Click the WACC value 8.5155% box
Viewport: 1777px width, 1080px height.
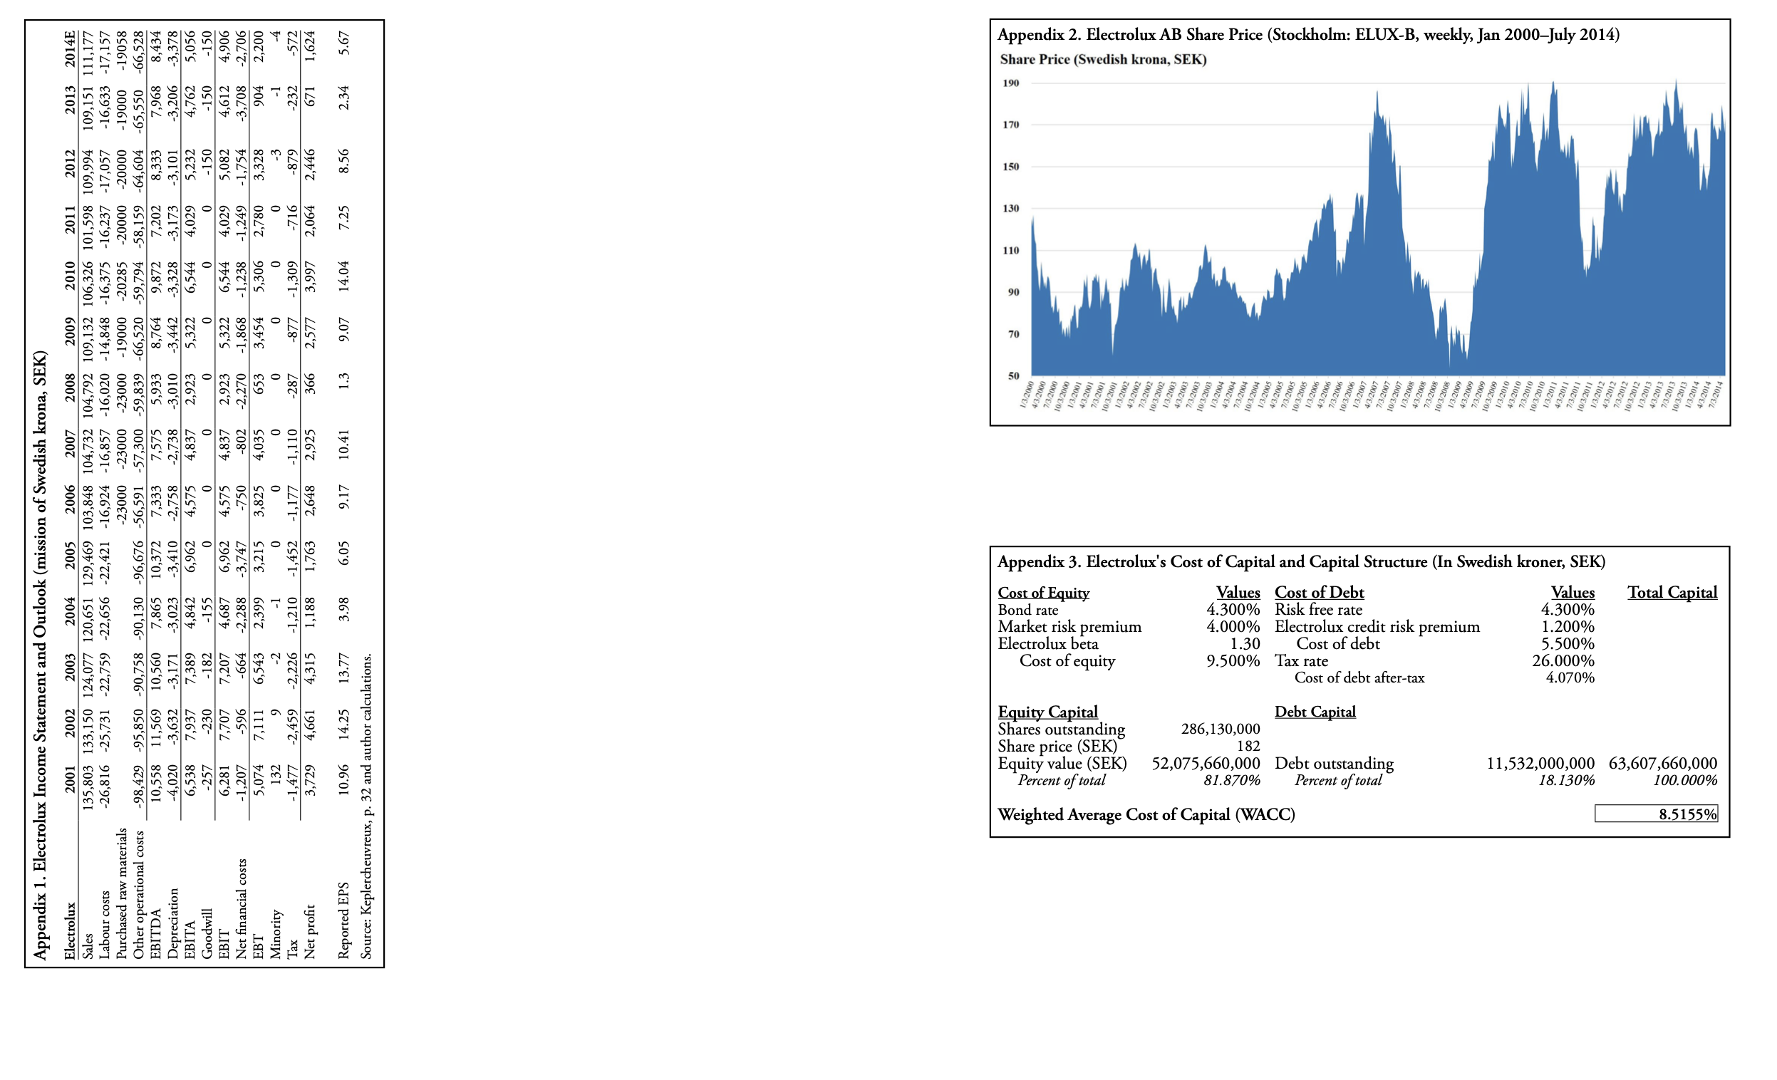coord(1656,814)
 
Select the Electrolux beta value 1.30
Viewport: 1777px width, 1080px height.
coord(1245,644)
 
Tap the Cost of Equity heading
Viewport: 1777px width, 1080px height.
coord(1043,593)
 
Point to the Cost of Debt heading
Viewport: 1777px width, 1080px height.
coord(1319,593)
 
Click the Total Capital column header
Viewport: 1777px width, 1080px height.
coord(1672,593)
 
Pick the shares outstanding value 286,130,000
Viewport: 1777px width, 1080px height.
coord(1221,729)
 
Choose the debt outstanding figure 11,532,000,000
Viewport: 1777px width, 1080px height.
coord(1540,763)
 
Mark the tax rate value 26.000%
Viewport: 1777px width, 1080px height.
coord(1563,660)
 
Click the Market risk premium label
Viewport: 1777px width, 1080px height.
coord(1069,626)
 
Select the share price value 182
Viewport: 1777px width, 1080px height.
coord(1248,746)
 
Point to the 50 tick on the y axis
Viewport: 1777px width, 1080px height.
coord(1013,375)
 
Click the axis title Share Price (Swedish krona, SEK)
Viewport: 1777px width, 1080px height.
coord(1103,60)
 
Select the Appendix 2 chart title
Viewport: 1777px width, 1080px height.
coord(1307,35)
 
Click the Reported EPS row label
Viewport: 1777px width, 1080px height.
coord(344,920)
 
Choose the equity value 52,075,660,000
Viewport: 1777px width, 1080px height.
coord(1205,763)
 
